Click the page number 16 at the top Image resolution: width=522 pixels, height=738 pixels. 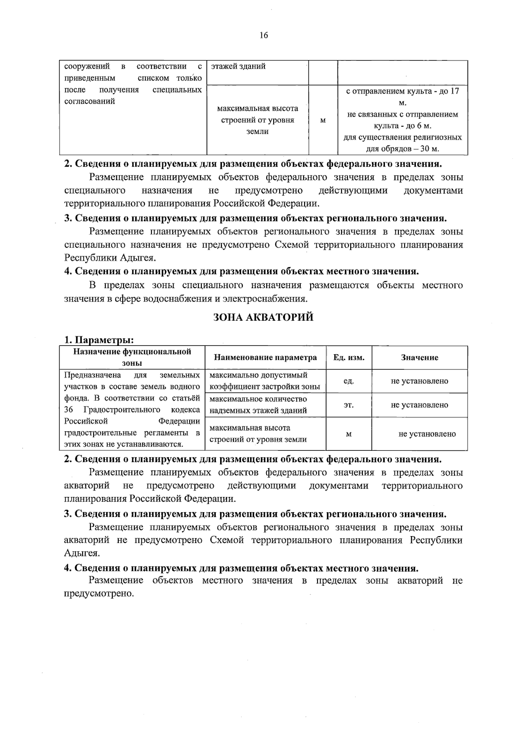(264, 36)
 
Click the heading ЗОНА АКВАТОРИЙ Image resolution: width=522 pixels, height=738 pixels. (263, 317)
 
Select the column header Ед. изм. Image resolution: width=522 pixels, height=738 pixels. (349, 358)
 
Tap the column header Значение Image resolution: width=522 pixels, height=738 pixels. (419, 358)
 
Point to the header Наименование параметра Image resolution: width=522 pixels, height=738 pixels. (265, 358)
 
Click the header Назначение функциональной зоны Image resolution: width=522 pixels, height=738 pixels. (132, 357)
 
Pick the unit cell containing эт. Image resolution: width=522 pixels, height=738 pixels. (348, 405)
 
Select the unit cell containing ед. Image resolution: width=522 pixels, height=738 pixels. (348, 381)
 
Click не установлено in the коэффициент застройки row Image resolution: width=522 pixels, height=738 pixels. (419, 381)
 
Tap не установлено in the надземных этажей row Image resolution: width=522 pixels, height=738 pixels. (419, 405)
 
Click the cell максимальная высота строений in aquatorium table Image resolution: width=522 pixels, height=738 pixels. (258, 433)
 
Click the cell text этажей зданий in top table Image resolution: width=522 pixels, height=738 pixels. (238, 67)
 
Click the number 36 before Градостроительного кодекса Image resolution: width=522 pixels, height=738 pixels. (69, 410)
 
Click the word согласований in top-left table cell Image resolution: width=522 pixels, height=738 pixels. (90, 101)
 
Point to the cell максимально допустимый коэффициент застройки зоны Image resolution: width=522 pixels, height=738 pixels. (264, 381)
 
